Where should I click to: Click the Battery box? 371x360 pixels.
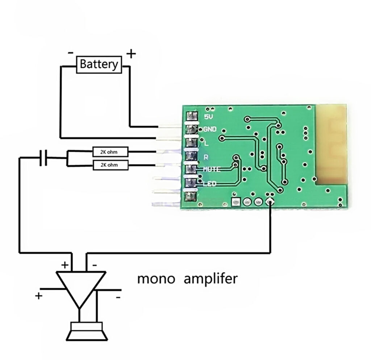[x=99, y=64]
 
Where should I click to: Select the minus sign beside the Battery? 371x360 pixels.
[x=71, y=53]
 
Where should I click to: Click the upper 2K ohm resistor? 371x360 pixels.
[x=111, y=152]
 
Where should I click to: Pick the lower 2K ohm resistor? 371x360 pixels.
[x=111, y=165]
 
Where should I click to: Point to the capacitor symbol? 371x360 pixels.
[x=43, y=158]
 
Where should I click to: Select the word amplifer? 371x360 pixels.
[x=210, y=278]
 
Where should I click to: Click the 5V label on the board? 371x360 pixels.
[x=208, y=116]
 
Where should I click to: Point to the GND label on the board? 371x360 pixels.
[x=210, y=129]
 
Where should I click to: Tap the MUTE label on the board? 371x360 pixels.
[x=212, y=169]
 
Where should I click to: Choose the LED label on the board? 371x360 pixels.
[x=210, y=184]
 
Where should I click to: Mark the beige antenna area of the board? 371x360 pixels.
[x=331, y=144]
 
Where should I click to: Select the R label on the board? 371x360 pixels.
[x=206, y=157]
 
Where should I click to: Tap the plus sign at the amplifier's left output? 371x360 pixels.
[x=38, y=296]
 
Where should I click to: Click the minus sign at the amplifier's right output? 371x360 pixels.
[x=118, y=297]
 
